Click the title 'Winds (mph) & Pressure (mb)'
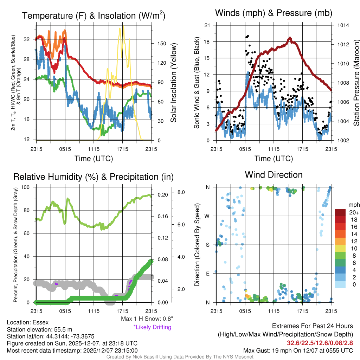(x=274, y=13)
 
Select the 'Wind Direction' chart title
(x=274, y=175)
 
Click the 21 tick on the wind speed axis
(x=207, y=25)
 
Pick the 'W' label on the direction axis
(x=207, y=216)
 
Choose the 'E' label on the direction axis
(x=207, y=273)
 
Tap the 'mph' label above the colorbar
(x=353, y=205)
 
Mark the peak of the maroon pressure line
(x=290, y=38)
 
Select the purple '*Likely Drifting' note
(x=152, y=327)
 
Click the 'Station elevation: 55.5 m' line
(x=39, y=329)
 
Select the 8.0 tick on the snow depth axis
(x=181, y=192)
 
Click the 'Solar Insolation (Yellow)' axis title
(x=173, y=83)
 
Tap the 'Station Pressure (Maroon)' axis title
(x=356, y=83)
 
